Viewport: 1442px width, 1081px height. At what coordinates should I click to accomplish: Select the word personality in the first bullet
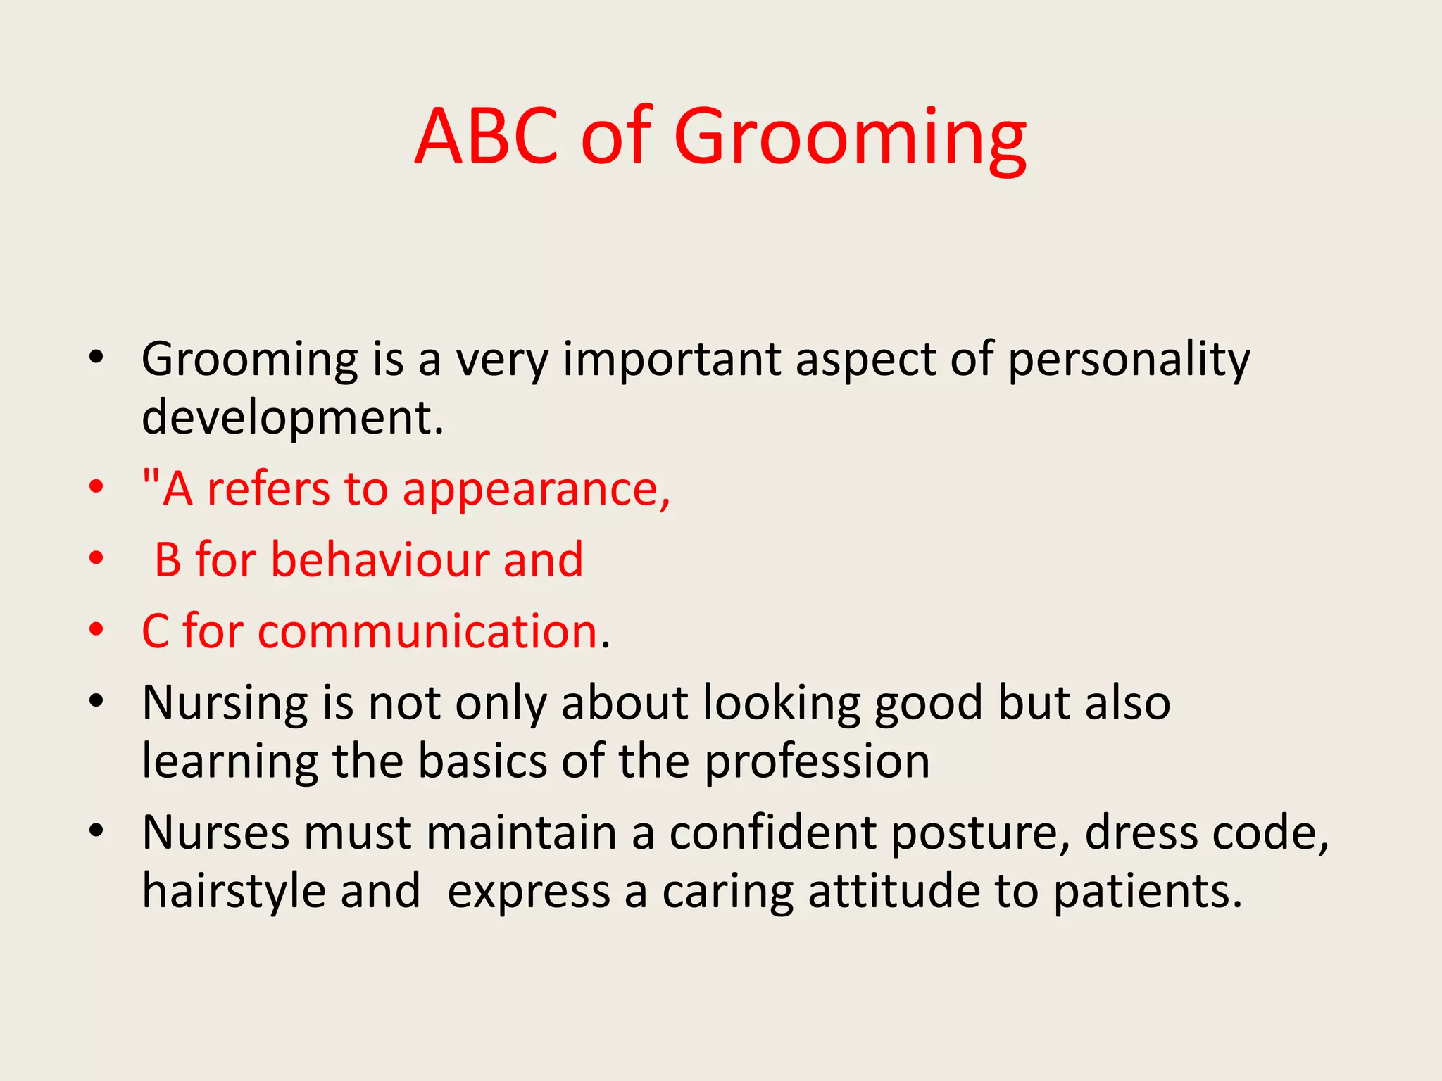[1129, 360]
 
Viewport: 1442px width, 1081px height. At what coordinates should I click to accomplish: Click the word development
[292, 418]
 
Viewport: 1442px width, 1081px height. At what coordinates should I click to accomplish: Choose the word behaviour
[380, 560]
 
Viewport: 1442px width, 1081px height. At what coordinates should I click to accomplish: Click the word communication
[427, 631]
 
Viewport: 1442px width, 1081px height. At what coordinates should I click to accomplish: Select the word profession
[817, 762]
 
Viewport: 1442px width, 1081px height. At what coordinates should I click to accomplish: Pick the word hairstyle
[233, 892]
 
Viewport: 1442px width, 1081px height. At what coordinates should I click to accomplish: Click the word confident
[772, 833]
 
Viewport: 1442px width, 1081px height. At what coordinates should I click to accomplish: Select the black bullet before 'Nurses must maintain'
[96, 831]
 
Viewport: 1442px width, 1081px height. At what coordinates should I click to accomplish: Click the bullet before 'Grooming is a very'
[96, 357]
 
